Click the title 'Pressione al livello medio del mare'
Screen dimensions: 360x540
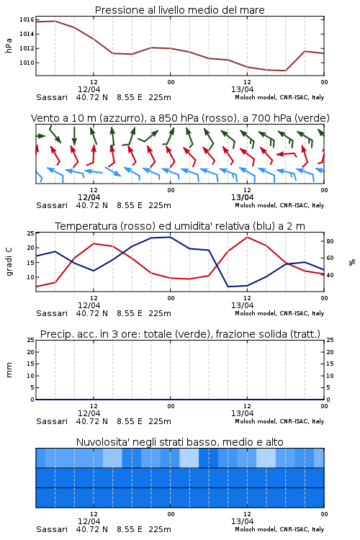coord(179,10)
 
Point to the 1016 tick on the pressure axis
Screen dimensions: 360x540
coord(27,19)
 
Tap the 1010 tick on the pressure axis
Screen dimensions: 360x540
coord(27,63)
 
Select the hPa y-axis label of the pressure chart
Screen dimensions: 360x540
coord(9,45)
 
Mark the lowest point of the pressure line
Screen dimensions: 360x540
coord(285,71)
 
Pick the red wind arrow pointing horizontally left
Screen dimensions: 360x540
coord(287,154)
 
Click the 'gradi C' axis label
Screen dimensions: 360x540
coord(9,261)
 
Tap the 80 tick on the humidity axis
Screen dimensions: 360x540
coord(330,241)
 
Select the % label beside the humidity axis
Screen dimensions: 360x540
coord(352,262)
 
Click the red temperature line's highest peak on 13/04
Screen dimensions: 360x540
coord(247,237)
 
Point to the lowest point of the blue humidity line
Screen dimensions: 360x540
coord(228,287)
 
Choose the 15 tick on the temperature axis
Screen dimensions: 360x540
coord(31,262)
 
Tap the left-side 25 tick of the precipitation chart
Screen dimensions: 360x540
coord(31,340)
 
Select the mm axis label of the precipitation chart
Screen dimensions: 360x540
coord(9,370)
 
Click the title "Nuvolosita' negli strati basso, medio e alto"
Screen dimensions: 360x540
coord(179,442)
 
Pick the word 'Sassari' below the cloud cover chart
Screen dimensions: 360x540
coord(52,529)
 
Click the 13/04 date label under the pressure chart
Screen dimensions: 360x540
coord(242,89)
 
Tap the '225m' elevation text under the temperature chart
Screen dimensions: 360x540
coord(160,313)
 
